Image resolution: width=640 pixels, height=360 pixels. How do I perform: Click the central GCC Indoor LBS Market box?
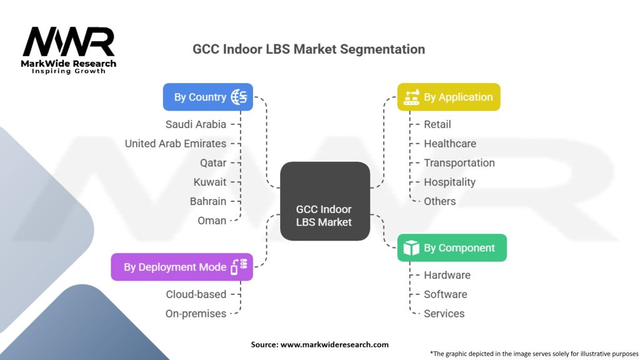coord(324,201)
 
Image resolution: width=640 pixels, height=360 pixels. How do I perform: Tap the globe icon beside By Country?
coord(239,97)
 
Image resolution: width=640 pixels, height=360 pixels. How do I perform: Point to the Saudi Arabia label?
coord(196,124)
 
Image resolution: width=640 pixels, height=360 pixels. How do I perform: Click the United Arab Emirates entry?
coord(175,144)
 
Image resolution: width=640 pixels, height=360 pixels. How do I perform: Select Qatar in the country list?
coord(213,163)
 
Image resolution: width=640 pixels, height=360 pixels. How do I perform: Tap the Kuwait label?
coord(210,182)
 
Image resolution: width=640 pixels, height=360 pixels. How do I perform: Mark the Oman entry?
coord(212,221)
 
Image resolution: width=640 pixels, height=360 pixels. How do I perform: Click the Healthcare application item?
coord(449,144)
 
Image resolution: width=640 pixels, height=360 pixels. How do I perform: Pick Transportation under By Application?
coord(459,163)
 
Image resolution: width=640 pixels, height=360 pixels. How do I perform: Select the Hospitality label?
coord(449,182)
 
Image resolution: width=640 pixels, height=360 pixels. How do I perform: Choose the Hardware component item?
coord(447,275)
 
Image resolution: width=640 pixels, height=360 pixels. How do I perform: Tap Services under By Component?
coord(444,314)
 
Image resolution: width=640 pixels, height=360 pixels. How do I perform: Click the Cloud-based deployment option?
coord(196,294)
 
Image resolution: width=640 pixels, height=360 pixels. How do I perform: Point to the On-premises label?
coord(196,314)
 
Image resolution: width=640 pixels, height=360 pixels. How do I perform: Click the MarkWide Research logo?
coord(69,51)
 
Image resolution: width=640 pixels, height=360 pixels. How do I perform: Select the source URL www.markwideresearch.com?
coord(334,344)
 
